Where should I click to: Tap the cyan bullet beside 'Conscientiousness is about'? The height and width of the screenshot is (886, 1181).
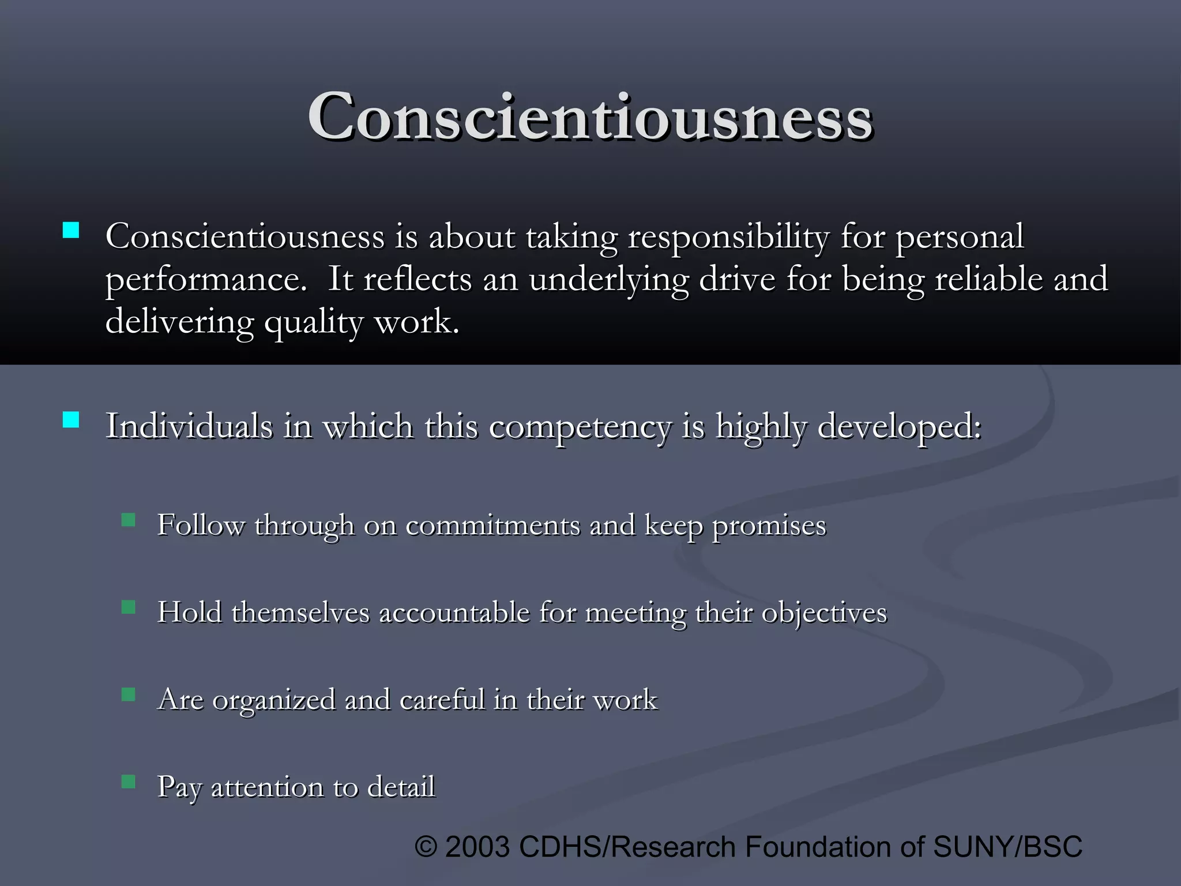tap(71, 231)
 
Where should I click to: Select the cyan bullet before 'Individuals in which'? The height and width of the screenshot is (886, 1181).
tap(71, 419)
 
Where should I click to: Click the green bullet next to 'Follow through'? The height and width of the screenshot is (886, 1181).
tap(129, 520)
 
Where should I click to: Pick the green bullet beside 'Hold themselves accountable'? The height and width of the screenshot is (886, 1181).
tap(129, 607)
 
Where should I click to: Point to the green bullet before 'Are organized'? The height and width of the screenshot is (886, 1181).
tap(129, 694)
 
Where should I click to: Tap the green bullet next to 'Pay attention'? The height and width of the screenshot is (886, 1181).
tap(129, 782)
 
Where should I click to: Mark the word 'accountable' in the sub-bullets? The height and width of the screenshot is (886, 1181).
tap(454, 613)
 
